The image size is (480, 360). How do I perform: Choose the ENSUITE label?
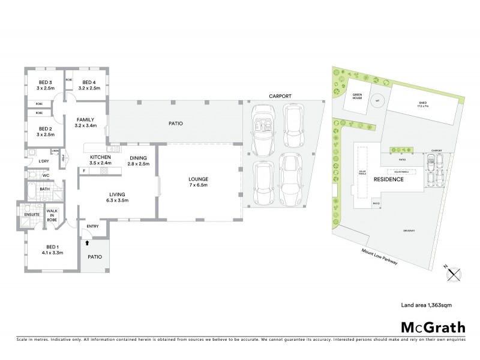point(31,214)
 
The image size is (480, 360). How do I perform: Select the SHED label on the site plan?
point(422,103)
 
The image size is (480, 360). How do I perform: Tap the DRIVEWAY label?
point(410,230)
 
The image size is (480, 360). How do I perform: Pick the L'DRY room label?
point(43,161)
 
